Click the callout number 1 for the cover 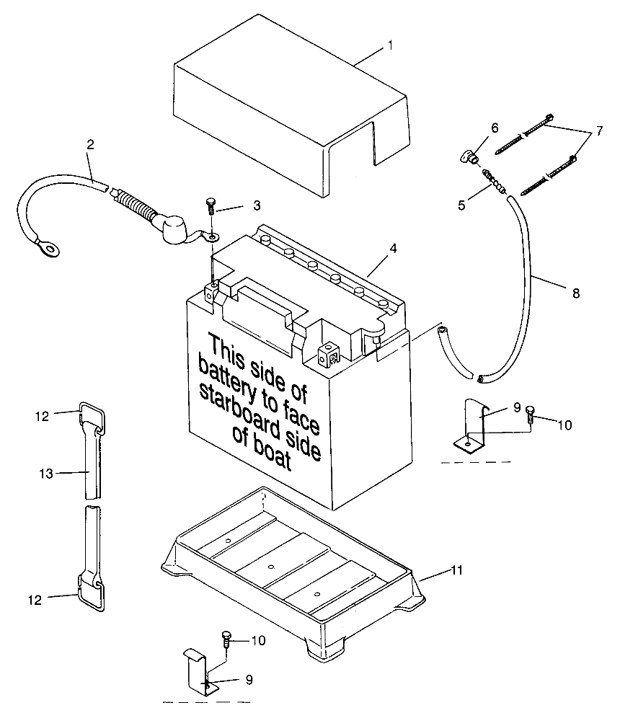[390, 45]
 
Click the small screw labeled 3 [211, 207]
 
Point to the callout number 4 [392, 248]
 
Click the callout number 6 [494, 128]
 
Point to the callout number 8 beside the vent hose [575, 293]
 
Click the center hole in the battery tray [270, 567]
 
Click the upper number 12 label [43, 416]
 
